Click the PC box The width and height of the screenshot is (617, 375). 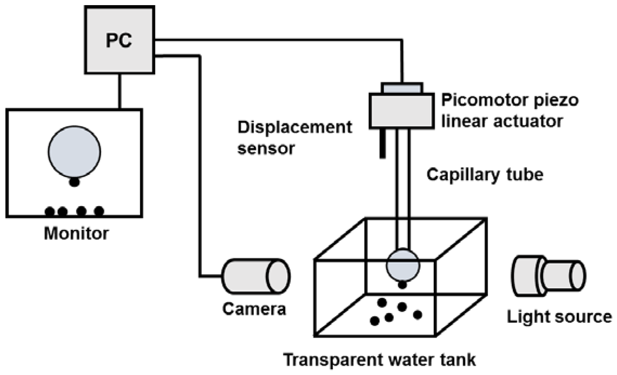(119, 40)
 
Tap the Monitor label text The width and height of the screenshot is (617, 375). (76, 233)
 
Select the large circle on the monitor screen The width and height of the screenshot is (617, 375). (75, 152)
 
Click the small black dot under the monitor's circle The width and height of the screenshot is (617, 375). (75, 182)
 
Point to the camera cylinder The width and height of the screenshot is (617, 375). (256, 276)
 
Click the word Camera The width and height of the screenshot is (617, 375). (254, 309)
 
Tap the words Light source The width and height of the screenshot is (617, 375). (559, 317)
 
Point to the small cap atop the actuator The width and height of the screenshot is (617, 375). (402, 88)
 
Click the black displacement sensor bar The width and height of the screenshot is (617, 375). (382, 143)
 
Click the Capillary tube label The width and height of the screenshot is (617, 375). (485, 175)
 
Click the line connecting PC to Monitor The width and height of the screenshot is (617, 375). (120, 91)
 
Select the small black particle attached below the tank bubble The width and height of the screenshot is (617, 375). (402, 285)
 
